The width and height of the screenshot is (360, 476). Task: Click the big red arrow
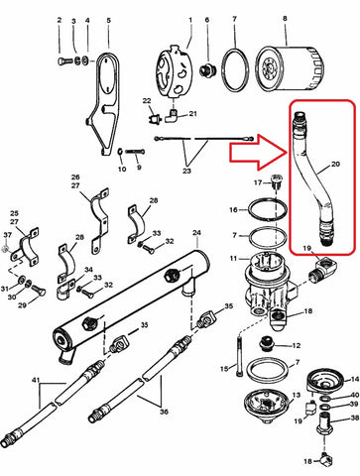pos(258,153)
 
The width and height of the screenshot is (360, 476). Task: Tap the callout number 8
pos(285,19)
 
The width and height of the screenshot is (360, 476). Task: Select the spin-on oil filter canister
pos(291,68)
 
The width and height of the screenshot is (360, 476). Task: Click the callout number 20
pos(335,164)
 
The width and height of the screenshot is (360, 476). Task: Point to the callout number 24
pos(196,233)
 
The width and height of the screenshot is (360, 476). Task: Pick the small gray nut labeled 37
pos(6,248)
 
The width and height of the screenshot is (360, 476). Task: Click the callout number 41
pos(36,380)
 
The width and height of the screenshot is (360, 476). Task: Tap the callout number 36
pos(165,412)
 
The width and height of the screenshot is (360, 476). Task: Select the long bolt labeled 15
pos(239,356)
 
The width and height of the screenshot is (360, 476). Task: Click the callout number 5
pos(109,21)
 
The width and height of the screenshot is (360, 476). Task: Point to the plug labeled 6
pos(207,70)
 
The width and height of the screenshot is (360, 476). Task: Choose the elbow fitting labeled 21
pos(172,116)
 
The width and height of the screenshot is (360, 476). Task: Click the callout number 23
pos(186,171)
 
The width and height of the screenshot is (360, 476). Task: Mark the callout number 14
pos(355,379)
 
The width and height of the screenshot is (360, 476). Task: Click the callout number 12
pos(297,345)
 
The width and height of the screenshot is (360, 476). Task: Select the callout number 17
pos(258,182)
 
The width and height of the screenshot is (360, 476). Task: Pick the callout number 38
pos(354,418)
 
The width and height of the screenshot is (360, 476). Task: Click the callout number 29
pos(22,305)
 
